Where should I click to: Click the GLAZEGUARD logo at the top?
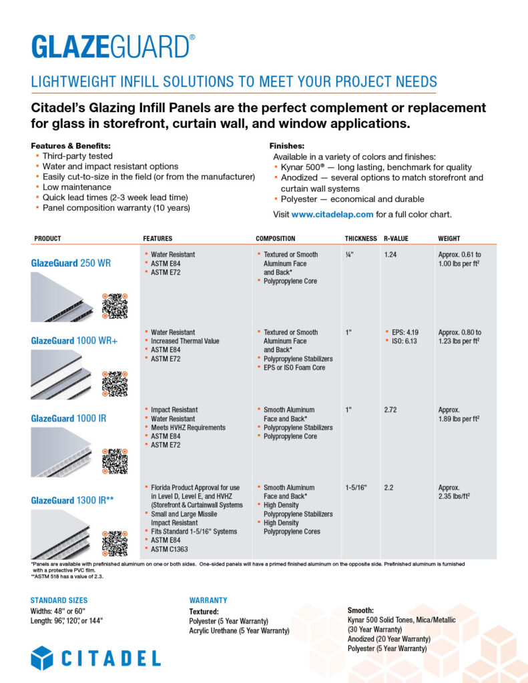(x=113, y=47)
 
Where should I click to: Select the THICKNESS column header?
(x=361, y=238)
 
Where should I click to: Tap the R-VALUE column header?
(x=396, y=238)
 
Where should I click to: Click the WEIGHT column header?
(x=449, y=238)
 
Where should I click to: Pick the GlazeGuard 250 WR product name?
(x=71, y=263)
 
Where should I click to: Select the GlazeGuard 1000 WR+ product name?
(x=74, y=341)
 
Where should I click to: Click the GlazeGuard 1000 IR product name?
(x=68, y=418)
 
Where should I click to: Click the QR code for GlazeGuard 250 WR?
(x=114, y=305)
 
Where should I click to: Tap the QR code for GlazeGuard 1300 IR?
(x=114, y=543)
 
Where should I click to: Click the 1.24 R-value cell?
(x=390, y=255)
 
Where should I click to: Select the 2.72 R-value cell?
(x=390, y=410)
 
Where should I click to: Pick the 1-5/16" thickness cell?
(x=358, y=488)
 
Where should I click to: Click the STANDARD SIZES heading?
(x=59, y=600)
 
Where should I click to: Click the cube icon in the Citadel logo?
(x=42, y=658)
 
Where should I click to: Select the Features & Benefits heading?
(x=71, y=145)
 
